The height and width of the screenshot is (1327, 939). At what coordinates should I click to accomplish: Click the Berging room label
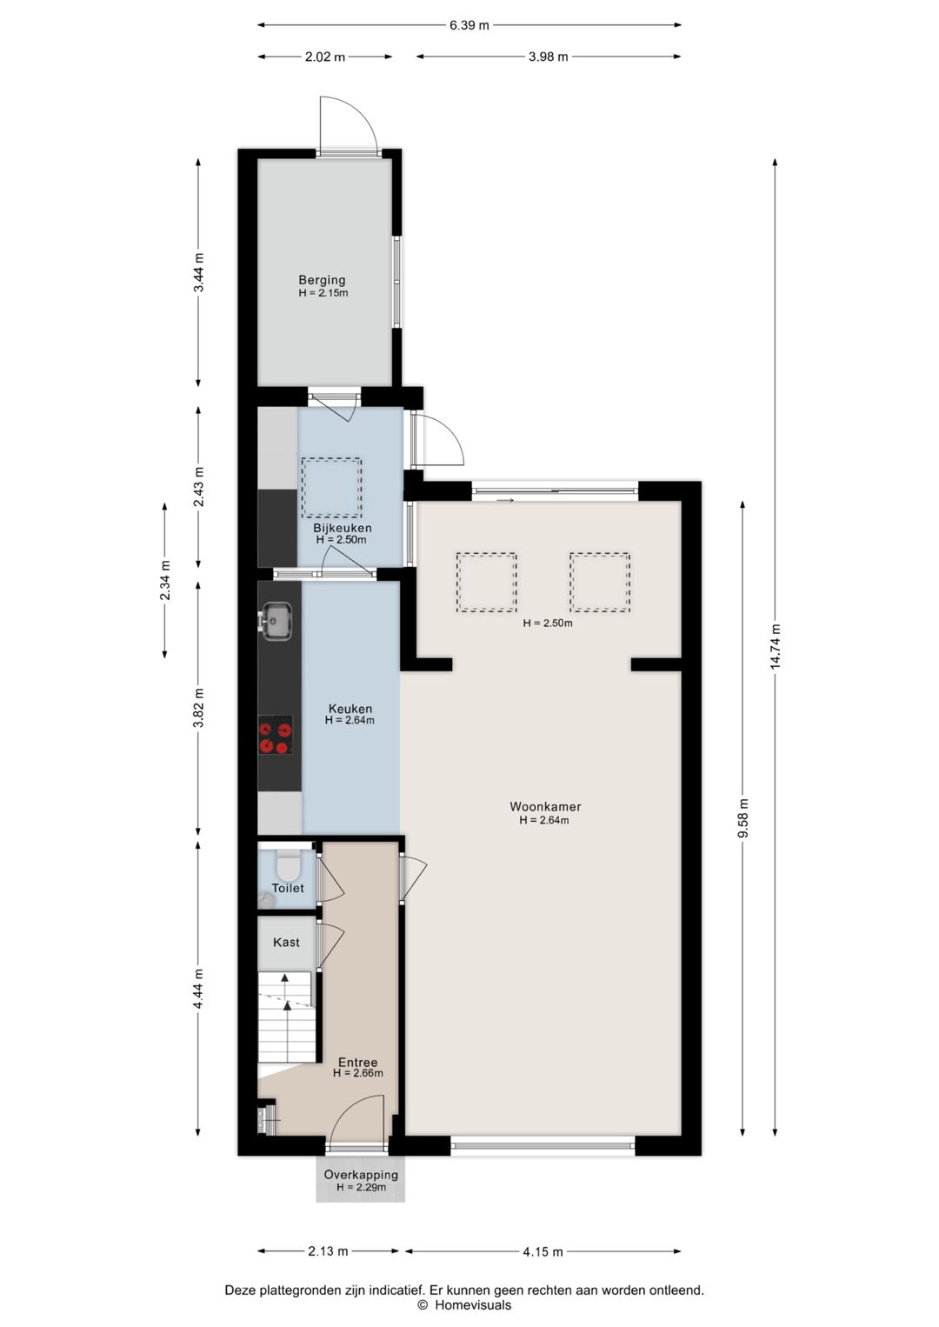tap(322, 280)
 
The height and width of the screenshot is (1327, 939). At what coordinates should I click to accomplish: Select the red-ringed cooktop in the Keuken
tap(276, 735)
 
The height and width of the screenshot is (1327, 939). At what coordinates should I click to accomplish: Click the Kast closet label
tap(286, 942)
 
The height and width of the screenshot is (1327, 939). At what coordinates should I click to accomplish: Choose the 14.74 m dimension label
tap(775, 646)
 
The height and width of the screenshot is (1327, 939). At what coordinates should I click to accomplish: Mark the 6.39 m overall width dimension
tap(469, 25)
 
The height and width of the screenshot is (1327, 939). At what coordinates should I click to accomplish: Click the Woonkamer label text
tap(545, 806)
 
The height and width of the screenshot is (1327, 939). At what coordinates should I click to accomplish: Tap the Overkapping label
tap(361, 1175)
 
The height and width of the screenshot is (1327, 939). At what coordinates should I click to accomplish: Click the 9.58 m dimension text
tap(743, 818)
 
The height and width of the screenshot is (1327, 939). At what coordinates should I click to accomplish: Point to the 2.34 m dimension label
tap(164, 580)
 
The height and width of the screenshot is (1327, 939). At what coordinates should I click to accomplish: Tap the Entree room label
tap(358, 1062)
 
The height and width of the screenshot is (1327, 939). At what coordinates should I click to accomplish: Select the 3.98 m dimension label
tap(548, 57)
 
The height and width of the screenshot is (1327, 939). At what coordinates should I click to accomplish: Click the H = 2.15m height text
tap(323, 293)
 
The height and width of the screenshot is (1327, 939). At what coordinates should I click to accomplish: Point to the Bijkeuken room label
tap(343, 528)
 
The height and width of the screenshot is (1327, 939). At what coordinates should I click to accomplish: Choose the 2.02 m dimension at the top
tap(324, 57)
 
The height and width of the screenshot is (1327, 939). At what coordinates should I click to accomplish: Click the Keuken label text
tap(350, 709)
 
